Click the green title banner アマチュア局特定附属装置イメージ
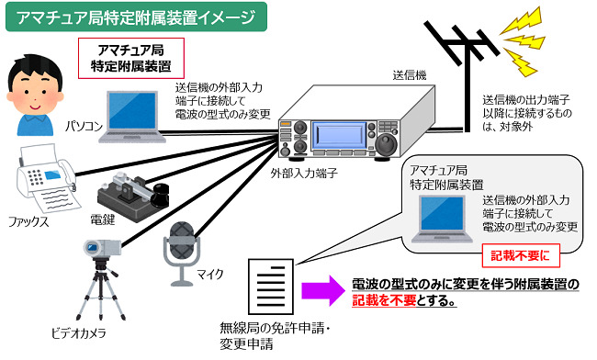(x=136, y=17)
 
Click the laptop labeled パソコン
(x=132, y=117)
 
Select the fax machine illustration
(x=46, y=178)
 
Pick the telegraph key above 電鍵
(x=132, y=195)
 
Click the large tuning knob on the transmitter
(x=386, y=144)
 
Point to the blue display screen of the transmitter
(x=339, y=135)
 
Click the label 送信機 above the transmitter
(x=410, y=75)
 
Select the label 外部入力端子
(x=304, y=174)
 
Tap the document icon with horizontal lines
(x=271, y=287)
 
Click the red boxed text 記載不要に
(x=521, y=255)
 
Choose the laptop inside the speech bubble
(x=442, y=219)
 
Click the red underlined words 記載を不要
(x=384, y=300)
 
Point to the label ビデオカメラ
(x=78, y=333)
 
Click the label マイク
(x=210, y=274)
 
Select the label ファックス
(x=29, y=222)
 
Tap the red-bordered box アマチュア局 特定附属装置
(x=131, y=58)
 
